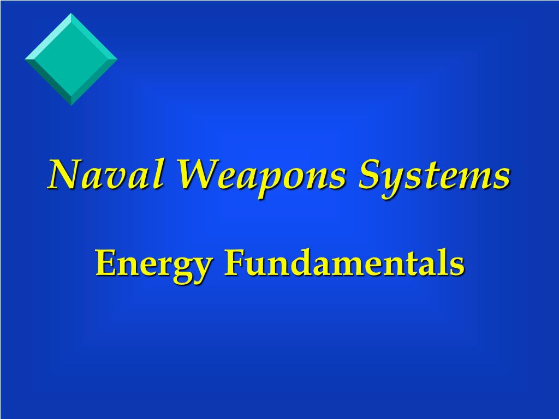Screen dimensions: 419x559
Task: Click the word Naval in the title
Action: [106, 175]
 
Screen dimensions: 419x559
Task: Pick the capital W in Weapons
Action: [194, 175]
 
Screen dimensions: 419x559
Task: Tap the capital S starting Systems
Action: [369, 175]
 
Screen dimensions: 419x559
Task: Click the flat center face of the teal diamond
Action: [71, 58]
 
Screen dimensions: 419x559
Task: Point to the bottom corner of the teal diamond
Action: [71, 104]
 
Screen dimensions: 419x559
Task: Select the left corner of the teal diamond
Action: [26, 58]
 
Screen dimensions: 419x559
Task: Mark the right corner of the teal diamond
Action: [116, 58]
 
